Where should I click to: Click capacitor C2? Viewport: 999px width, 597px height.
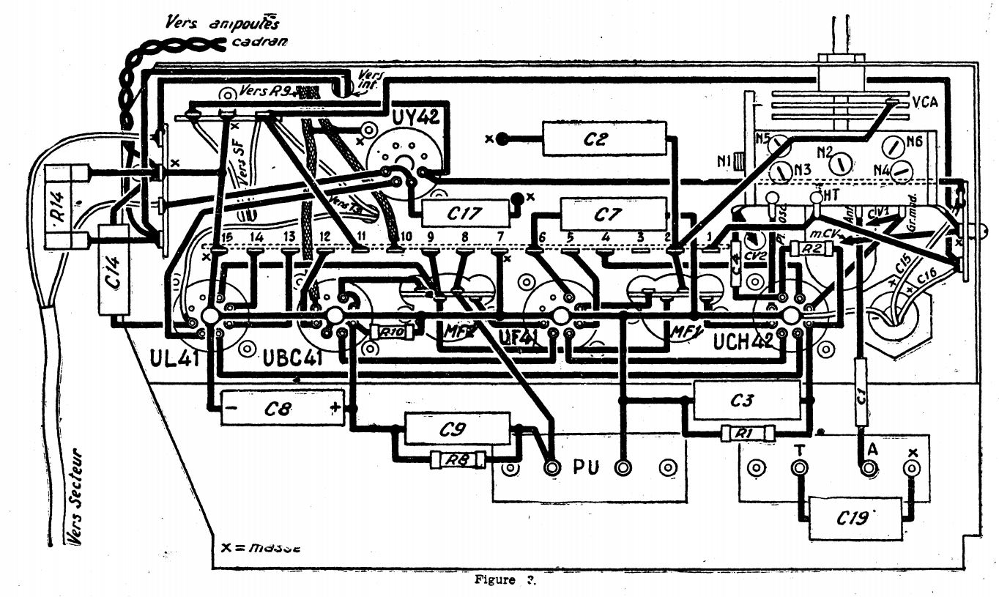click(604, 138)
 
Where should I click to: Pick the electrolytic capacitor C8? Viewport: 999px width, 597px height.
click(282, 408)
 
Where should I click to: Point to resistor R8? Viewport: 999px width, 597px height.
click(458, 461)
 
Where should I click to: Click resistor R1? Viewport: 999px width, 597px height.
click(745, 434)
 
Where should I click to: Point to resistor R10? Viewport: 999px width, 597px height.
click(393, 332)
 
